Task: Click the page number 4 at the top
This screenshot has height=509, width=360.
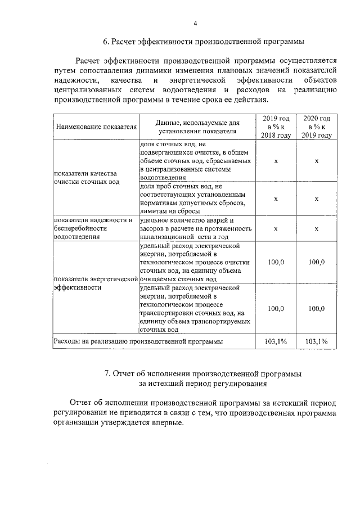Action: tap(196, 23)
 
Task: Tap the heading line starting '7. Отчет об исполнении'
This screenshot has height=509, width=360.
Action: tap(203, 373)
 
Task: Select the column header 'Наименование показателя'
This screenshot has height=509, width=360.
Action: tap(96, 127)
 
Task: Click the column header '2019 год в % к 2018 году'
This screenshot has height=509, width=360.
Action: tap(276, 127)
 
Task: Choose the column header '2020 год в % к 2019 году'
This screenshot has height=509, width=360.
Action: tap(317, 127)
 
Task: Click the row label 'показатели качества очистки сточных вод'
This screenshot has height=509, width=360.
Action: tap(85, 178)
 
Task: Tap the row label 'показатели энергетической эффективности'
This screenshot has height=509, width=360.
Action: tap(95, 283)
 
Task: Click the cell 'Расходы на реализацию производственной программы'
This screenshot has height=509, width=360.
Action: tap(138, 341)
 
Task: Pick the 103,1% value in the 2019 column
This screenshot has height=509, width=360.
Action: tap(276, 341)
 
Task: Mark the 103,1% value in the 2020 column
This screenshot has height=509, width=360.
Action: tap(317, 341)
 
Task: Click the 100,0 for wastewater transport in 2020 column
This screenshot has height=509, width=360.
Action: tap(317, 309)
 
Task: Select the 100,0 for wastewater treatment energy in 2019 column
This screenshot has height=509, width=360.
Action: tap(276, 262)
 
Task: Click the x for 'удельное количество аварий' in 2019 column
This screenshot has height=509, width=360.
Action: tap(276, 228)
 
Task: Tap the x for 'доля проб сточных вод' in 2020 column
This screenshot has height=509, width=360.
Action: tap(317, 199)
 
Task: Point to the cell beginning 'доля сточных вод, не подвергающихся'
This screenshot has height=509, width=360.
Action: tap(195, 160)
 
